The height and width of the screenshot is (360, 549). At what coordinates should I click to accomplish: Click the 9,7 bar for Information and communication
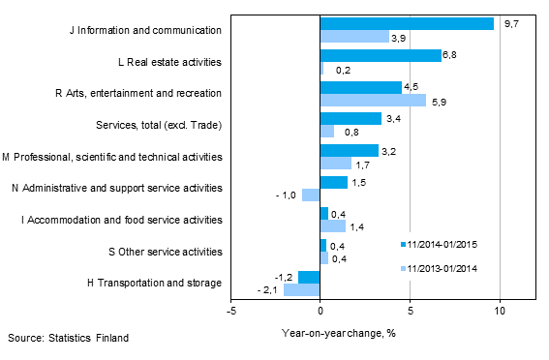407,23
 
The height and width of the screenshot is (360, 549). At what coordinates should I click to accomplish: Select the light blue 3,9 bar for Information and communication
354,37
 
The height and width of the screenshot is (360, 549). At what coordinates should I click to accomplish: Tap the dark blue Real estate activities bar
381,55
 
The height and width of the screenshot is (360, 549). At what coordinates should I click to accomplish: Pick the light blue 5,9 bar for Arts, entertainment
373,100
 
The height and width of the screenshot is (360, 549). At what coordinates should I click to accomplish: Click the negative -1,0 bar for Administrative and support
311,195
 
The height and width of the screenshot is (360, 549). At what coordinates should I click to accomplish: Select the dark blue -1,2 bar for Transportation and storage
309,277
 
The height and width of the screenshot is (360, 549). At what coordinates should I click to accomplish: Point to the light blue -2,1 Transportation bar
301,289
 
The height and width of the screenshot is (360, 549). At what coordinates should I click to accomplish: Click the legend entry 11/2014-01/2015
443,244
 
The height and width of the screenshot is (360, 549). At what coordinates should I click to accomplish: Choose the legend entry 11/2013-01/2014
443,268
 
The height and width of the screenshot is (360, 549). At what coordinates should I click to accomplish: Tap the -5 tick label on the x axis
230,312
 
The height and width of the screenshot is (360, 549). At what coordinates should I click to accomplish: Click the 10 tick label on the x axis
500,312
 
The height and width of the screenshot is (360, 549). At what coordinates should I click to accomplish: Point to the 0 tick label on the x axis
320,312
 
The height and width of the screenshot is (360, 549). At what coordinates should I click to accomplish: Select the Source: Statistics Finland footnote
67,338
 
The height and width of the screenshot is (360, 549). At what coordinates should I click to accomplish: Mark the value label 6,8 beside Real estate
451,55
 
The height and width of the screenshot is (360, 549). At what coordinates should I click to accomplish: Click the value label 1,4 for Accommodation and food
356,226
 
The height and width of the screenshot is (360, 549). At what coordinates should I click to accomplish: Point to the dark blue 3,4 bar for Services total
350,119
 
